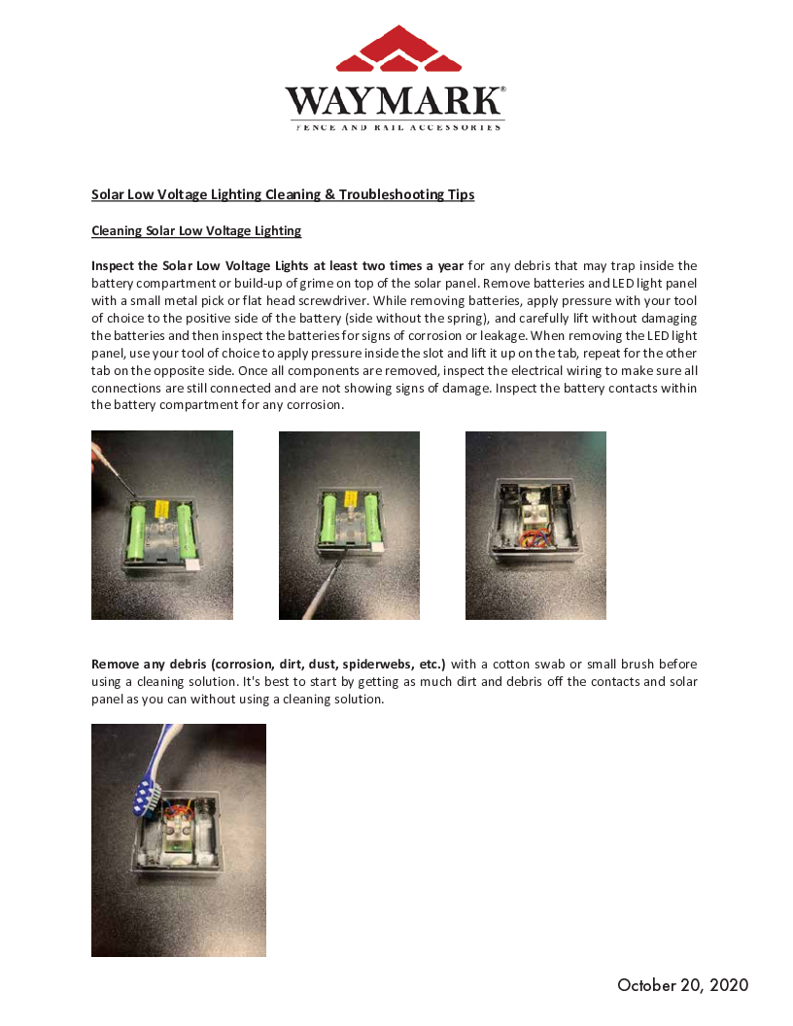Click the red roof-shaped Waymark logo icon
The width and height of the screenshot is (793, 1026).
tap(398, 50)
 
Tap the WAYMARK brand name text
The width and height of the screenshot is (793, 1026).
tap(395, 101)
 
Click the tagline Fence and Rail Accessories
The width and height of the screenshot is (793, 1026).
tap(398, 127)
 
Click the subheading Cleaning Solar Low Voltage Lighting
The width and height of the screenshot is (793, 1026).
tap(196, 231)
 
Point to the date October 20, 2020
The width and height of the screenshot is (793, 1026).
tap(682, 985)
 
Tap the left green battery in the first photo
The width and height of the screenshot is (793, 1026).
tap(138, 530)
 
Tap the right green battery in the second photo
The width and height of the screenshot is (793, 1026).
tap(371, 520)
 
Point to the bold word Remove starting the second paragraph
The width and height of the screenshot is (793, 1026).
tap(114, 665)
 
